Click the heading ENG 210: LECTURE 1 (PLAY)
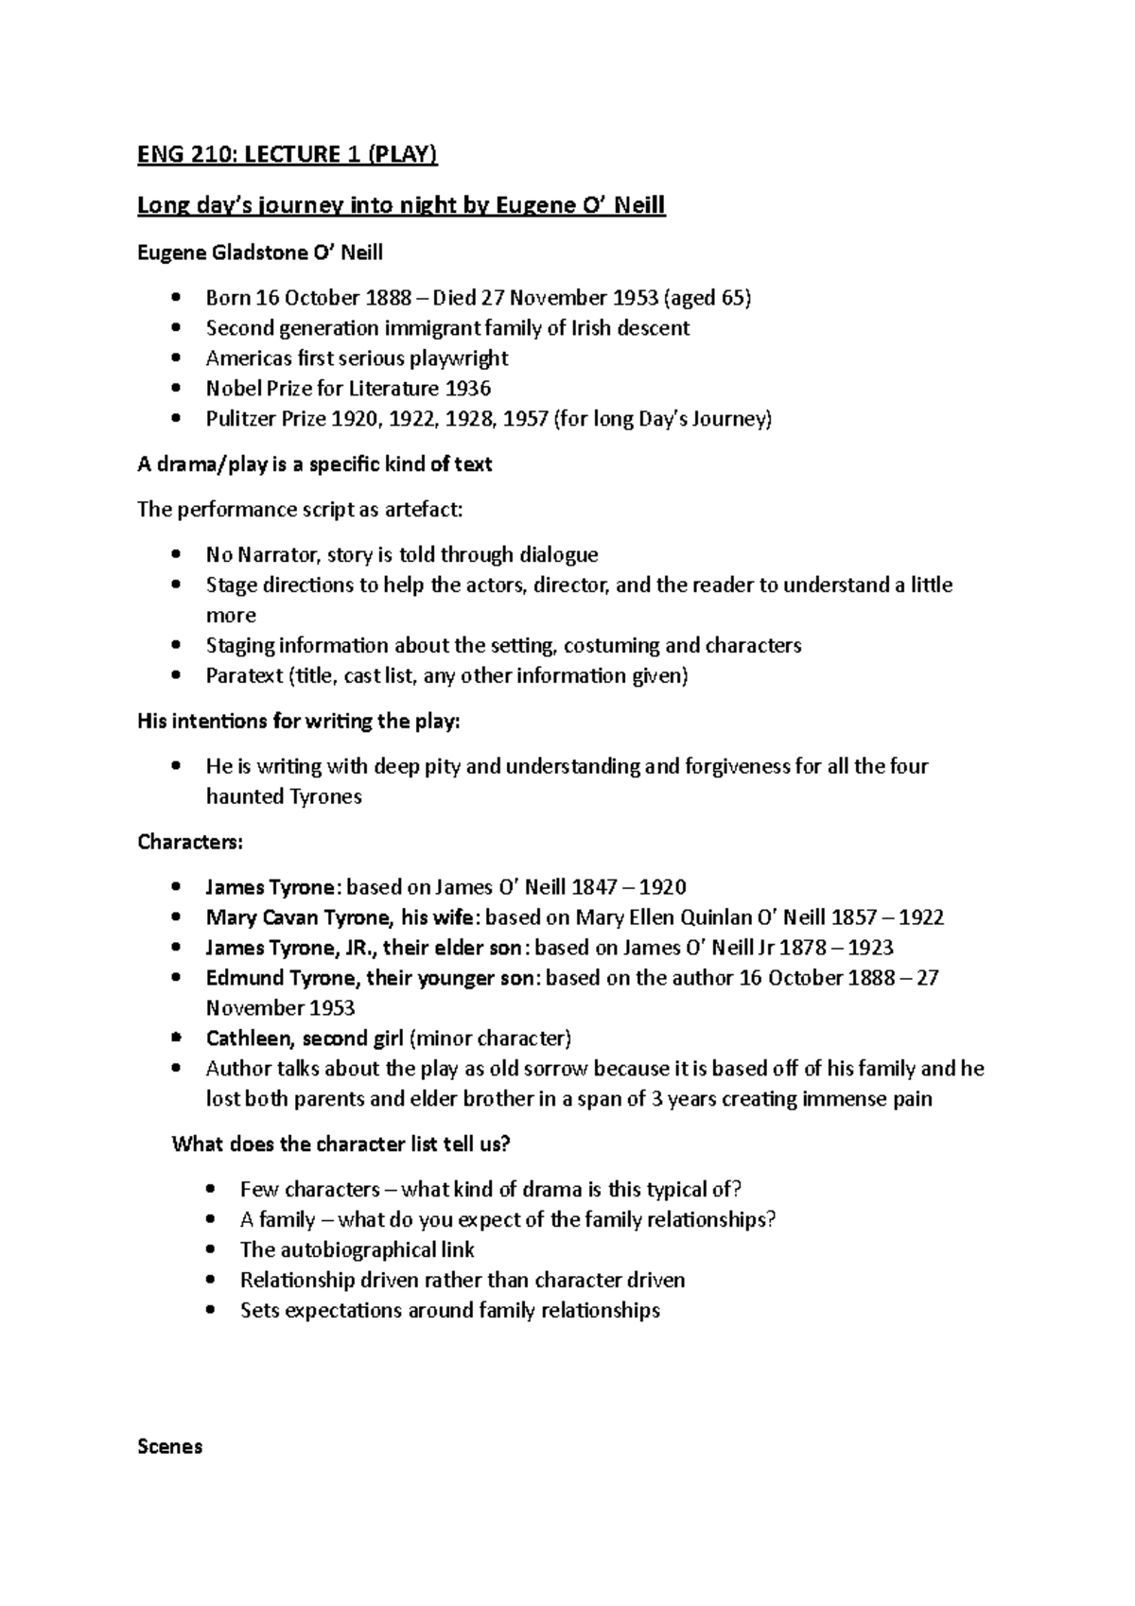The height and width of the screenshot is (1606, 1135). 288,154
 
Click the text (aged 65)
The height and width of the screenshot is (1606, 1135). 707,298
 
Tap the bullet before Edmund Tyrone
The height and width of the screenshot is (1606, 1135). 176,979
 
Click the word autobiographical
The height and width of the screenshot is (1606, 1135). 358,1250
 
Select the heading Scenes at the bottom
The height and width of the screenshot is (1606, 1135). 170,1447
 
